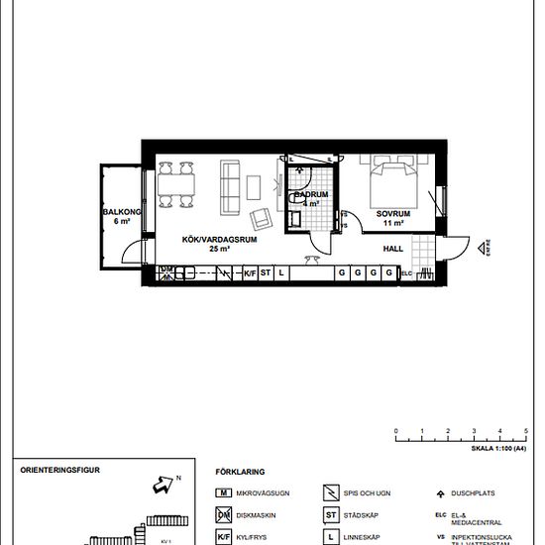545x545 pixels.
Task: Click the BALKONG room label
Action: [120, 213]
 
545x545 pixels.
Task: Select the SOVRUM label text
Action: [392, 214]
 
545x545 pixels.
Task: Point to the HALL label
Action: [393, 250]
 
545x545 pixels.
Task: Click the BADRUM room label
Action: [310, 195]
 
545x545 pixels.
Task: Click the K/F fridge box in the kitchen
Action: [250, 272]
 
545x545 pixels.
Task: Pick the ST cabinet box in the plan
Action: [266, 272]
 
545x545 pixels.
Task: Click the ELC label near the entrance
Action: [406, 273]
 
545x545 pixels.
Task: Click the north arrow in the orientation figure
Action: [159, 485]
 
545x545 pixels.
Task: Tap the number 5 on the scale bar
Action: [526, 431]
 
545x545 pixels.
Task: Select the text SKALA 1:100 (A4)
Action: [498, 448]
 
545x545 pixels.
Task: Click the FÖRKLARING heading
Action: [241, 473]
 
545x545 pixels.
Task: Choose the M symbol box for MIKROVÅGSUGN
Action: [225, 492]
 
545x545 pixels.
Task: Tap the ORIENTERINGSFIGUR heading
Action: [61, 471]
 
